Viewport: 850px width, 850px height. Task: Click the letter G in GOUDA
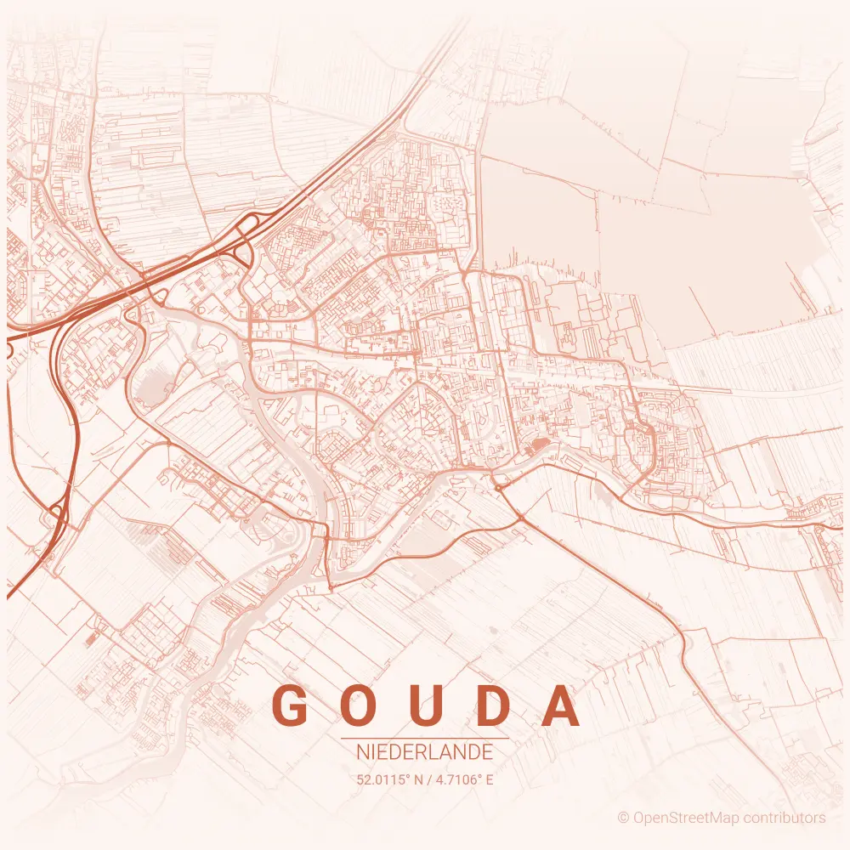[290, 705]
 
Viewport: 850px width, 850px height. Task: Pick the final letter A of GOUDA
[562, 705]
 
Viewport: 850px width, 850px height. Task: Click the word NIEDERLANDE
[425, 752]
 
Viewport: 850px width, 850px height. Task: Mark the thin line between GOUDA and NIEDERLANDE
[425, 739]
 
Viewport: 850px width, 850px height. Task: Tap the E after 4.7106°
[490, 779]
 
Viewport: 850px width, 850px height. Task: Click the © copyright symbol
[623, 818]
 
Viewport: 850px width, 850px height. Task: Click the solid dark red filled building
[538, 445]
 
